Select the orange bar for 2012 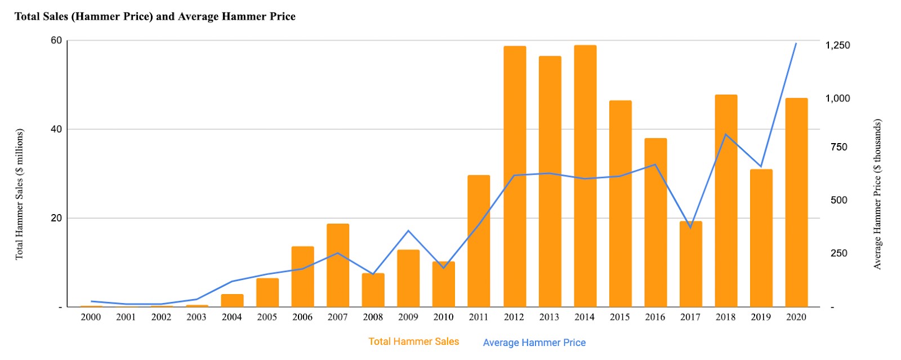(x=514, y=176)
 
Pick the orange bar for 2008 (x=373, y=290)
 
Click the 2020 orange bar (x=796, y=202)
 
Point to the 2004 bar (x=232, y=300)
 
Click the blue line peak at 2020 (x=796, y=43)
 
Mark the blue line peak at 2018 (x=726, y=134)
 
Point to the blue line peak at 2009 (x=408, y=230)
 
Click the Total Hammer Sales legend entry (x=413, y=341)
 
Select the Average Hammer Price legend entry (x=534, y=343)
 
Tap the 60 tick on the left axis (x=56, y=41)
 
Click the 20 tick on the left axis (x=56, y=218)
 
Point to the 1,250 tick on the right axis (x=837, y=45)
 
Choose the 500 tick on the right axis (x=838, y=200)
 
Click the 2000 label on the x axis (x=91, y=317)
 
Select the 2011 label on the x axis (x=479, y=317)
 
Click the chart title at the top (x=155, y=16)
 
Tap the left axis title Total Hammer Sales (x=20, y=194)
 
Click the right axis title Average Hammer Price (x=877, y=194)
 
